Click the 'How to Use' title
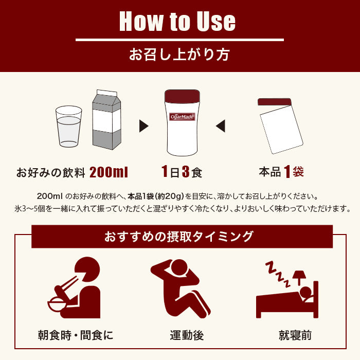click(177, 22)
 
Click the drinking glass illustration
click(69, 127)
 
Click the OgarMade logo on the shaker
click(182, 117)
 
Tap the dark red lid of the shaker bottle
click(182, 97)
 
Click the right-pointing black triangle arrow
click(144, 125)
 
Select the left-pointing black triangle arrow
click(220, 125)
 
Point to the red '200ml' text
click(109, 172)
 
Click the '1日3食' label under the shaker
click(182, 172)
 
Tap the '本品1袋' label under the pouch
click(281, 172)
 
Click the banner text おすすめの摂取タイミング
click(179, 237)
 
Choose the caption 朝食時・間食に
click(76, 336)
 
